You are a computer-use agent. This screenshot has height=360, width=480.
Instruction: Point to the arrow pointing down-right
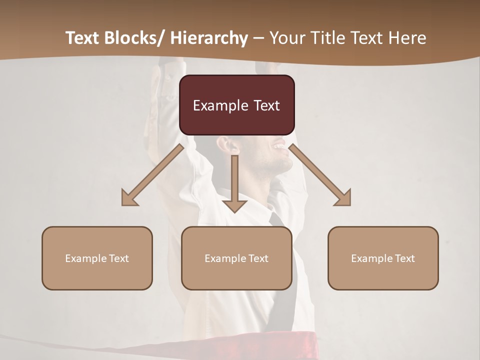[x=320, y=175]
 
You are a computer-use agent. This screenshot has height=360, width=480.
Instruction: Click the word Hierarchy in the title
[x=209, y=38]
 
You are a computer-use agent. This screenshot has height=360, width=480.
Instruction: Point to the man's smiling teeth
[x=278, y=147]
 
